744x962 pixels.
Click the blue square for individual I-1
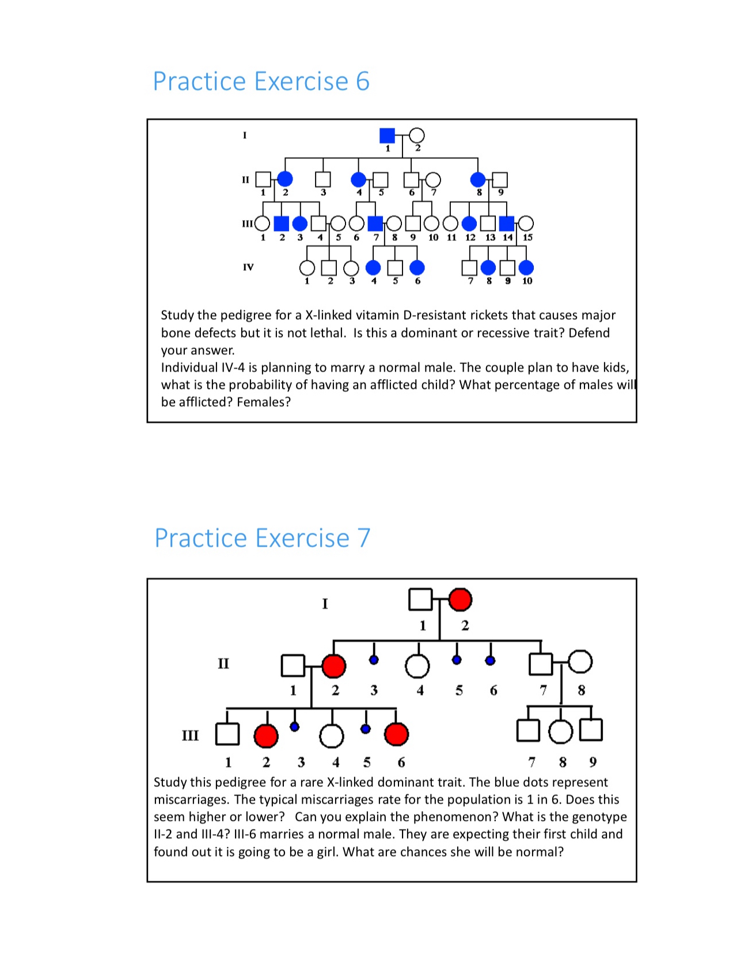(x=387, y=135)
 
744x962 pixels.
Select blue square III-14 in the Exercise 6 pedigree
(x=507, y=223)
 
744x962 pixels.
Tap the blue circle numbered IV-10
(x=526, y=267)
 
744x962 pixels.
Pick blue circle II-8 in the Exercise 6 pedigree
(x=477, y=180)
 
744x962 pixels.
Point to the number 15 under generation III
(x=527, y=237)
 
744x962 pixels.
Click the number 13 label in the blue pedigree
(x=490, y=237)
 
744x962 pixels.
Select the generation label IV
(x=248, y=267)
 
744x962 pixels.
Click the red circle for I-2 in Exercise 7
(x=460, y=600)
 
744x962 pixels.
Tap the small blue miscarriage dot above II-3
(x=374, y=660)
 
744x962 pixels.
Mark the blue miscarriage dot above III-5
(x=365, y=729)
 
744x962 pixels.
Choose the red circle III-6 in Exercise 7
(x=396, y=734)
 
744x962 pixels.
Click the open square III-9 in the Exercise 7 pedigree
(x=591, y=729)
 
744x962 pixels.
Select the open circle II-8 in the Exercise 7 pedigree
(x=580, y=661)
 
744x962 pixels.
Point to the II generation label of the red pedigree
(x=223, y=664)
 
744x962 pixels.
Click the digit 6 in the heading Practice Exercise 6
(x=362, y=81)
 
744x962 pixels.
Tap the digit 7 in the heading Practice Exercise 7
(x=363, y=539)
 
